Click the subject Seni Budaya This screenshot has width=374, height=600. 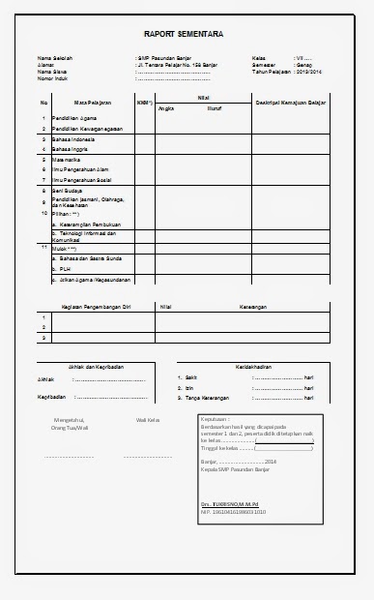click(x=69, y=192)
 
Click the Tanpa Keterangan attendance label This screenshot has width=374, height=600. click(x=207, y=398)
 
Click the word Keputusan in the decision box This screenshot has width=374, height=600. click(x=215, y=419)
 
